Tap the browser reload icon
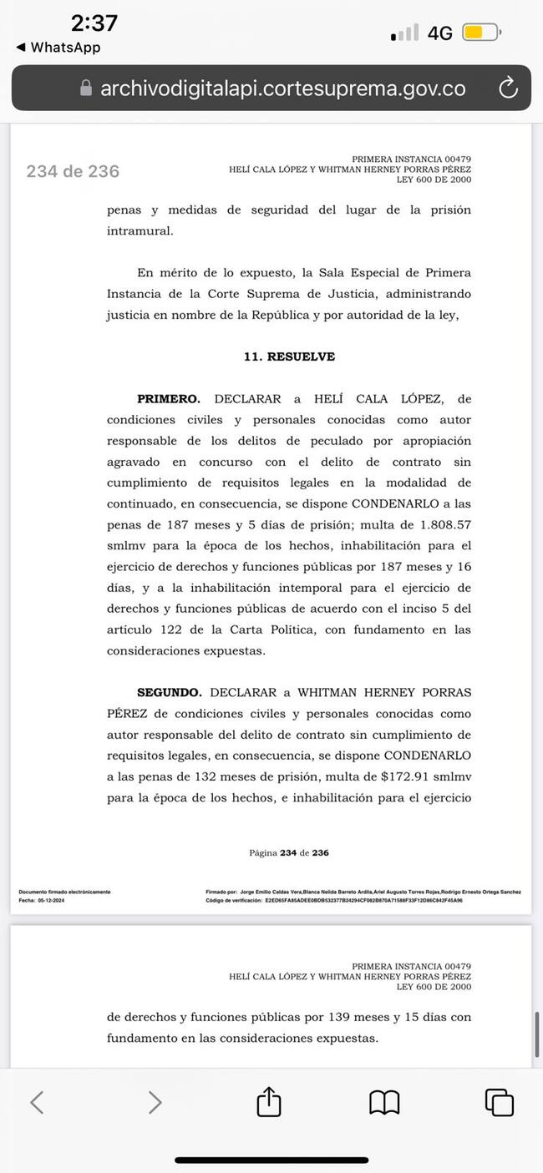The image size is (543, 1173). [x=507, y=88]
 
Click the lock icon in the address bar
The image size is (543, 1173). [x=85, y=88]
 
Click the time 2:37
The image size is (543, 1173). [x=94, y=23]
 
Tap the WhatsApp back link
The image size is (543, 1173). [x=58, y=48]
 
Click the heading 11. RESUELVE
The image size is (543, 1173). [x=289, y=356]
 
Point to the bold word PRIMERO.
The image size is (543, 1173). [x=169, y=400]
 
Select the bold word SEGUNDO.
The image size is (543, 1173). [x=170, y=693]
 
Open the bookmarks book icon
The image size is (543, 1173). [x=384, y=1102]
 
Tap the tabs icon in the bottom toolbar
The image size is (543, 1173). [x=499, y=1102]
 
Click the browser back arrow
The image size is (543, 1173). [x=37, y=1102]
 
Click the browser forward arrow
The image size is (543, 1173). [x=155, y=1102]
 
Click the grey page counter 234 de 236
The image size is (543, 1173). [x=73, y=171]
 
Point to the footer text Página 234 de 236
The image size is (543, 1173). [x=289, y=853]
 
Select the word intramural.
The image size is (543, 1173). [x=140, y=231]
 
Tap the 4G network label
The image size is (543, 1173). [x=439, y=33]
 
